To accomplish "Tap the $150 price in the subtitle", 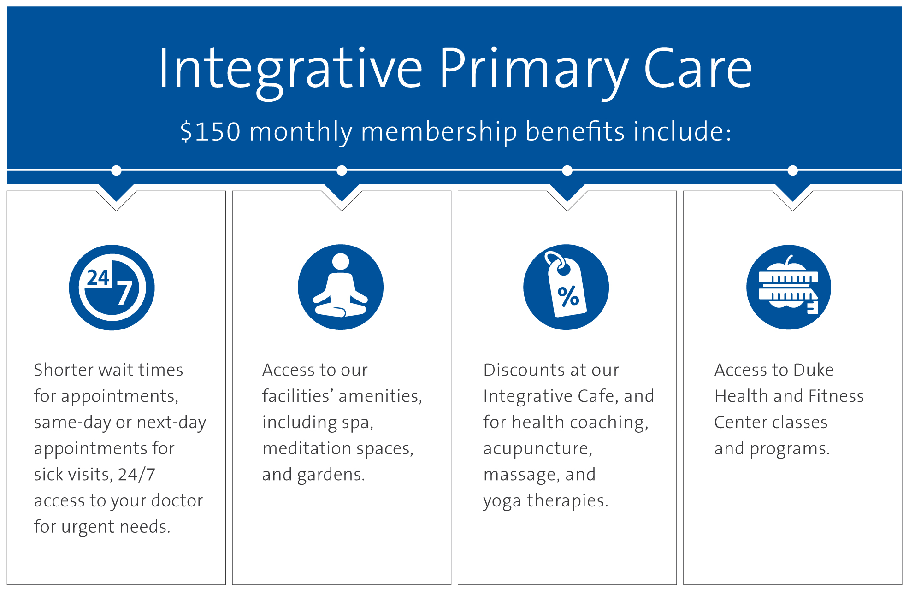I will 210,132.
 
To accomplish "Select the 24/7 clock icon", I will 112,288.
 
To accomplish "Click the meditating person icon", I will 341,287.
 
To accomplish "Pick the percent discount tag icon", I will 566,287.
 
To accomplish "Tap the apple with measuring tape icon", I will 789,287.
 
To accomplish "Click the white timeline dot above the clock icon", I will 116,171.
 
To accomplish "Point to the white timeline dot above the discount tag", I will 567,171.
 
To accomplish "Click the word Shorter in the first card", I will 63,370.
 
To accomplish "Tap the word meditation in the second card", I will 307,448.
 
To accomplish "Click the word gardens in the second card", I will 331,475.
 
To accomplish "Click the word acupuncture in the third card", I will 537,449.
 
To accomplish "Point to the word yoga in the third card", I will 502,501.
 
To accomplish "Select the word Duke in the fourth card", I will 814,370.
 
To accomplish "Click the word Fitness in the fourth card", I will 836,396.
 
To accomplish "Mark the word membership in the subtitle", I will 439,132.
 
